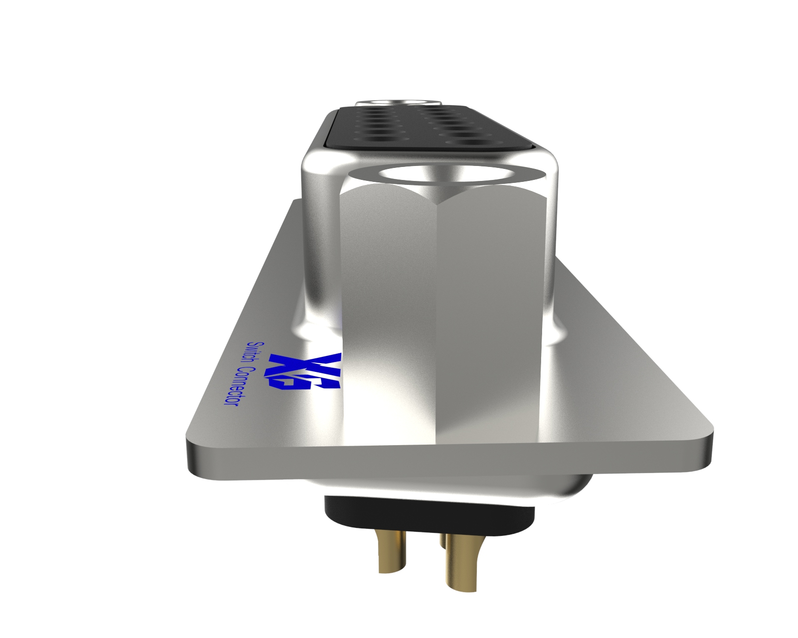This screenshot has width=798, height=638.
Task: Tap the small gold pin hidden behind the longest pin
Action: click(442, 543)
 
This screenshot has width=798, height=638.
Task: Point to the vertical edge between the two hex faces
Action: click(439, 319)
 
